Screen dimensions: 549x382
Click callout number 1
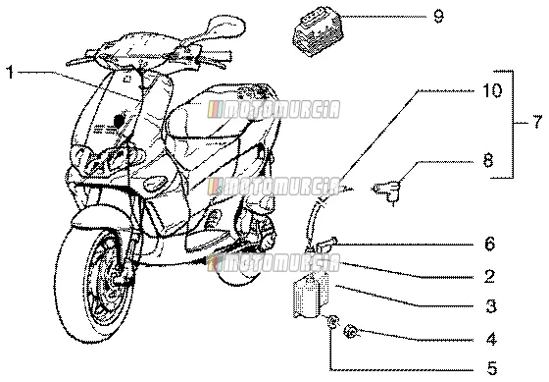(11, 73)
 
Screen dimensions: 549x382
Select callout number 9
(438, 16)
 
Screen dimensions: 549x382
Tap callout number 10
(492, 90)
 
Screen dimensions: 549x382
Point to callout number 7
(537, 122)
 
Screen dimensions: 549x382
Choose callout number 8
(488, 160)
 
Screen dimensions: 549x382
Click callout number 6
(490, 244)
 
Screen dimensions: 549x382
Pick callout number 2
(489, 276)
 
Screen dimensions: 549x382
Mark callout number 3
(491, 305)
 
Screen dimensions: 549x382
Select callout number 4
(491, 339)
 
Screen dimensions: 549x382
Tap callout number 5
(492, 368)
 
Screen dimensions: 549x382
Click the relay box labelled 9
(318, 30)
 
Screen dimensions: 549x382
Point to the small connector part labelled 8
(387, 191)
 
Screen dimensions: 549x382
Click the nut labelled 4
(351, 332)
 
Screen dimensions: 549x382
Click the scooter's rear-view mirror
(225, 26)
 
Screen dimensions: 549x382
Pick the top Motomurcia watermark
(274, 109)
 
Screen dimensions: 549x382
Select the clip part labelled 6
(324, 245)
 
